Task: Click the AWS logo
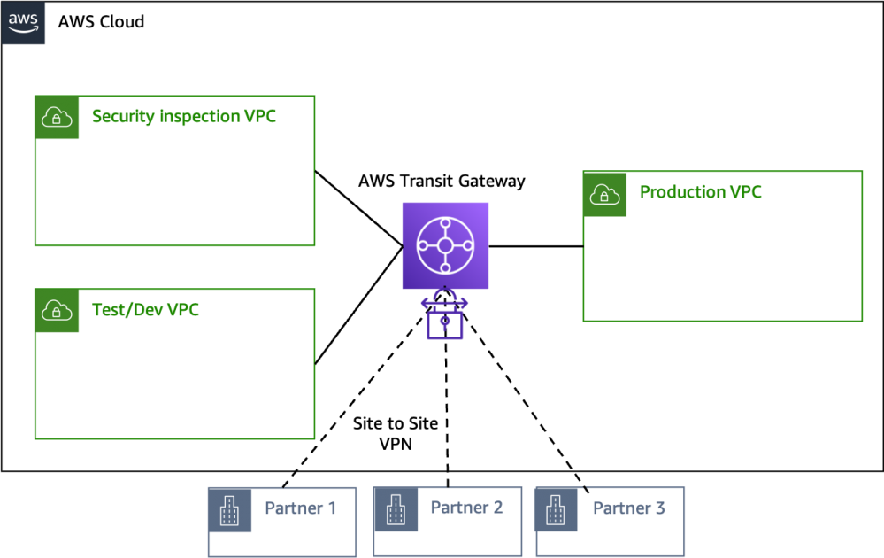coord(23,23)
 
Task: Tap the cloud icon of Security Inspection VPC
coord(57,117)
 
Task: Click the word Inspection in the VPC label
coord(199,117)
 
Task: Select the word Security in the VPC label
coord(122,117)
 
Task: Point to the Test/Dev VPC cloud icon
coord(57,311)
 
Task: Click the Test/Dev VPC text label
coord(145,311)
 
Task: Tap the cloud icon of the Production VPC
coord(604,194)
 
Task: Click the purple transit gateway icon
coord(445,245)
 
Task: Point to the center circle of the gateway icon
coord(445,245)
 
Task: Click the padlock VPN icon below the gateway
coord(445,314)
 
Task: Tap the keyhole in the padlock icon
coord(445,324)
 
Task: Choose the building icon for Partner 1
coord(229,510)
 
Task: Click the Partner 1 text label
coord(301,508)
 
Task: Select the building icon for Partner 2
coord(395,510)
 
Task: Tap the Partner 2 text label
coord(466,508)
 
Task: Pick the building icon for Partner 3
coord(557,510)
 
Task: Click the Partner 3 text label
coord(628,508)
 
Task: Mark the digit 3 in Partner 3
coord(659,508)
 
